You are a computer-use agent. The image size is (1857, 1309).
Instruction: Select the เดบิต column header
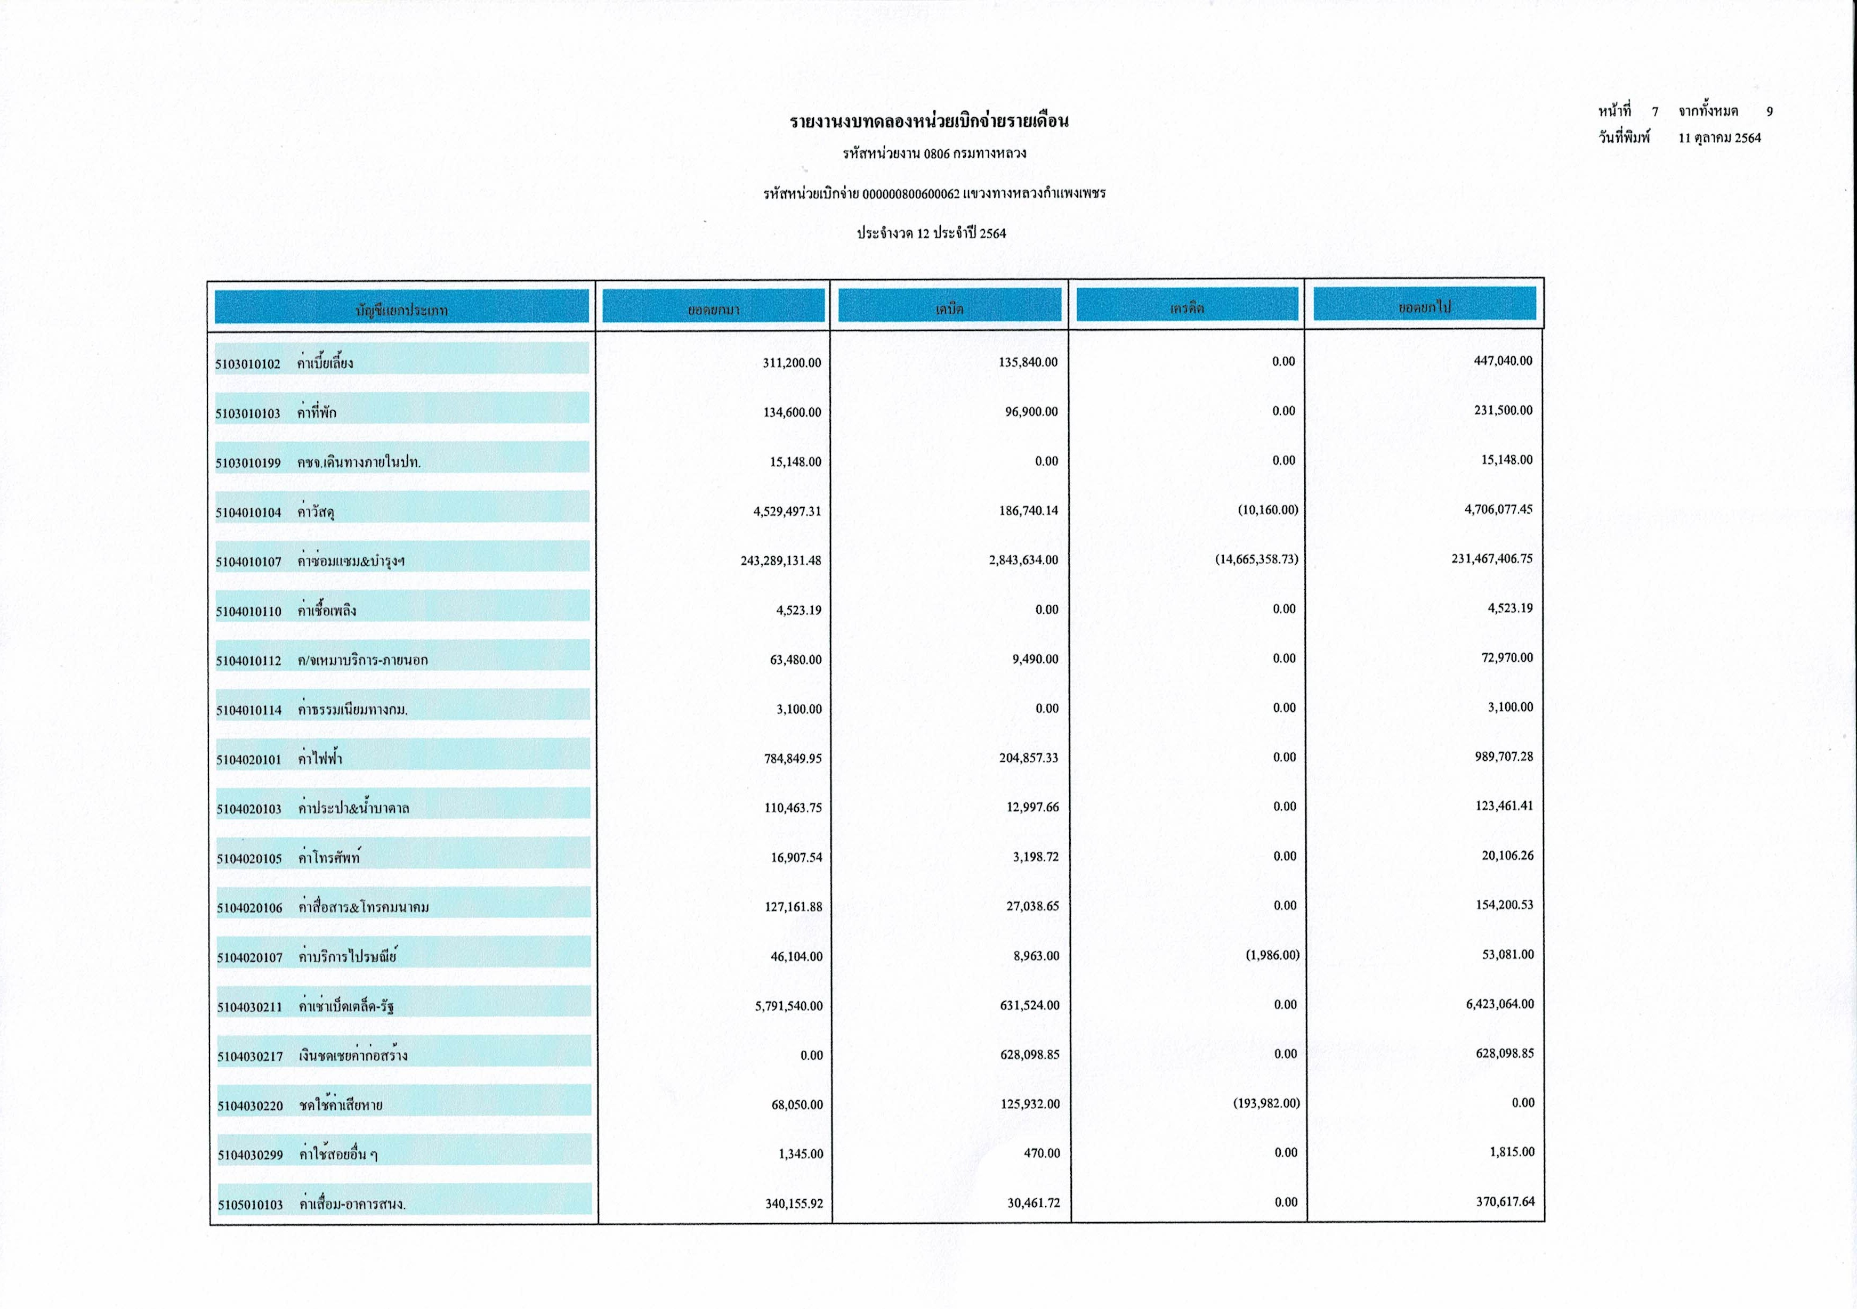coord(949,308)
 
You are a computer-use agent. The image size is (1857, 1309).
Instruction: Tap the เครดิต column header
coord(1186,308)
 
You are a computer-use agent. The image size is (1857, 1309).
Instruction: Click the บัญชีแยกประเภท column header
coord(401,310)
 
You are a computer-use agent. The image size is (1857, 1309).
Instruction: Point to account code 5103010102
coord(247,364)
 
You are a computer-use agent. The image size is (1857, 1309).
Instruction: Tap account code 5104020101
coord(248,759)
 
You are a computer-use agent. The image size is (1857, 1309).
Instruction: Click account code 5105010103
coord(250,1205)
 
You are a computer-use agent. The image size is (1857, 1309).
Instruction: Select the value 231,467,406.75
coord(1491,559)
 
